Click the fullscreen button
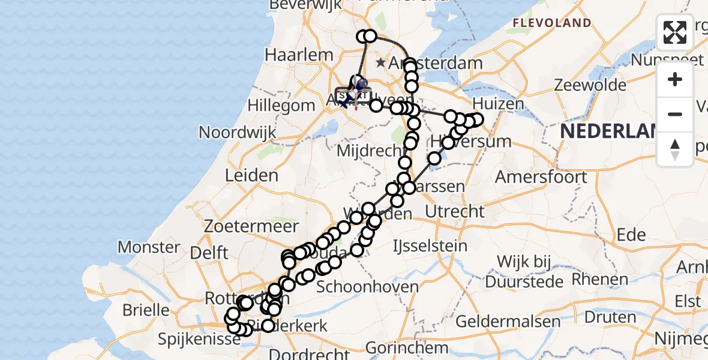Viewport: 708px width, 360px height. (675, 32)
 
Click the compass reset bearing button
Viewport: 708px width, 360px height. (675, 149)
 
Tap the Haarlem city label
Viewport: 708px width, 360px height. (299, 55)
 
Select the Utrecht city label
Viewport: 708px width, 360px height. (454, 211)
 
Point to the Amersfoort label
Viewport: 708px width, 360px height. (541, 177)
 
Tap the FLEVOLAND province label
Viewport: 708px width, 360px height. (551, 23)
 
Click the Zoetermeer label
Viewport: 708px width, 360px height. (251, 227)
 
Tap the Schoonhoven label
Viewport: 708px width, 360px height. (367, 287)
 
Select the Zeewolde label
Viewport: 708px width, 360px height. (590, 85)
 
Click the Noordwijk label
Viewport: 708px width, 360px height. (238, 132)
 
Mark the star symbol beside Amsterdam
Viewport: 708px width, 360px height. (380, 62)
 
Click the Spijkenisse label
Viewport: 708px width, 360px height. (191, 339)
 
